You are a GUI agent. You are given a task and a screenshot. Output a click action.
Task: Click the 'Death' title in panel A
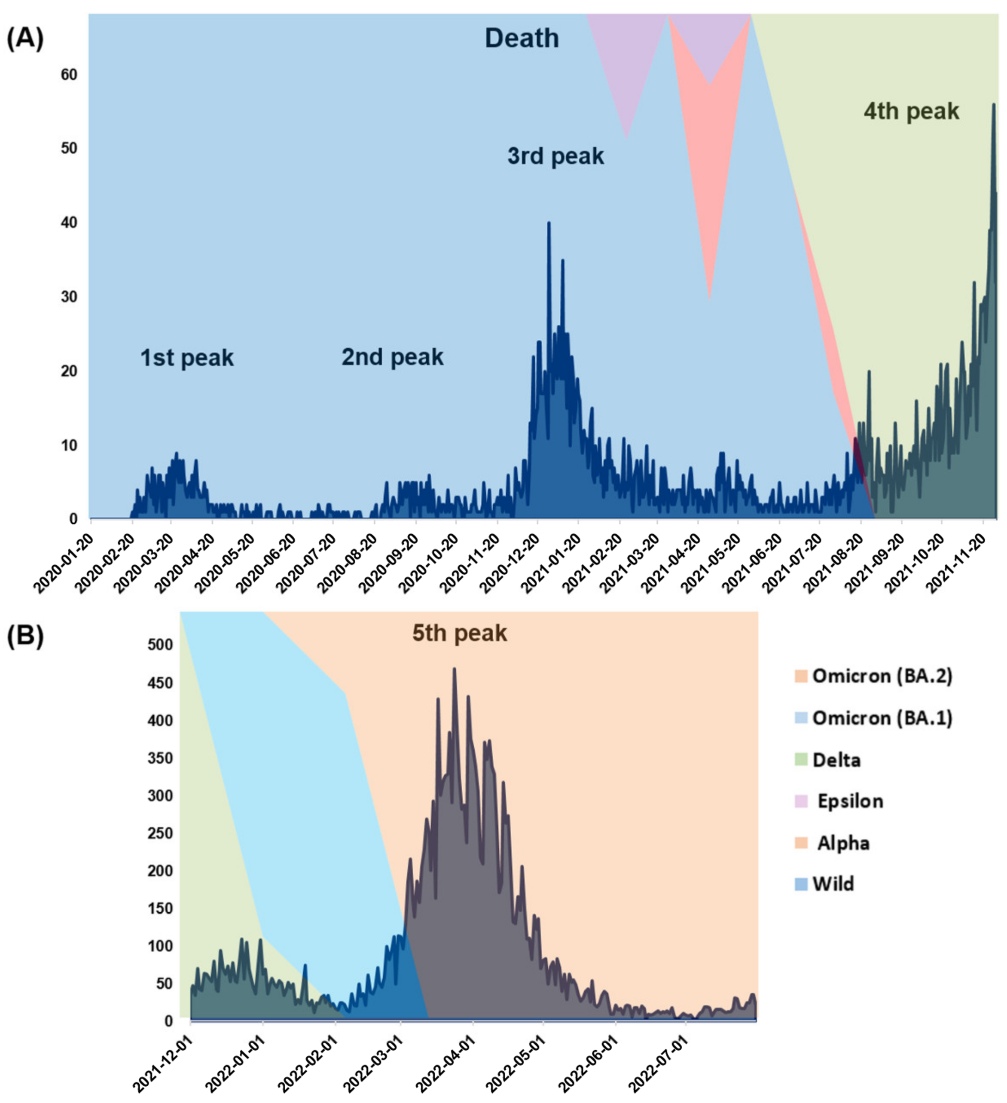coord(522,38)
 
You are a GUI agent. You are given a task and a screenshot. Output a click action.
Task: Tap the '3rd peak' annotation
coord(555,156)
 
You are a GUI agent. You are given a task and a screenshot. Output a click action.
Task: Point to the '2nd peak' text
coord(392,357)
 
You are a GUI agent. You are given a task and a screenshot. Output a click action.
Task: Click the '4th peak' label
coord(911,112)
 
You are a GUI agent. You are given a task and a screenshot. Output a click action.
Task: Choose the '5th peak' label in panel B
coord(459,633)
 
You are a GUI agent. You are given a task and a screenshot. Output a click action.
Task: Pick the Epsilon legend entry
coord(849,801)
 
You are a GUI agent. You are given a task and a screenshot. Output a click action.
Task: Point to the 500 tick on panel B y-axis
coord(159,645)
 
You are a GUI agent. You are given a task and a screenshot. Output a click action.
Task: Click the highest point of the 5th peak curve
coord(454,669)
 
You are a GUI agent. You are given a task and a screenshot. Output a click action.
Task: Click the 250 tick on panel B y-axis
coord(159,833)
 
